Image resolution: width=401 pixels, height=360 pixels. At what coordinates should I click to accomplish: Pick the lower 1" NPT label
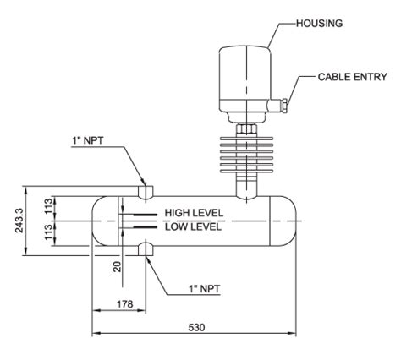click(202, 288)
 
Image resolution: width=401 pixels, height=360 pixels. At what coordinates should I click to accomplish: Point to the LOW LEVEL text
click(193, 226)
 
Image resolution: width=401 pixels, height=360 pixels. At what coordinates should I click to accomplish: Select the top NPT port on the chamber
click(146, 192)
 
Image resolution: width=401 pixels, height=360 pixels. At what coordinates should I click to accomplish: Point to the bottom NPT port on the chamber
click(146, 248)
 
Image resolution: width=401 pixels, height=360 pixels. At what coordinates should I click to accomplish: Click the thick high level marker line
click(138, 215)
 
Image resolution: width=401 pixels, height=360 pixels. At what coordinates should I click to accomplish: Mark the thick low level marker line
click(138, 226)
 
